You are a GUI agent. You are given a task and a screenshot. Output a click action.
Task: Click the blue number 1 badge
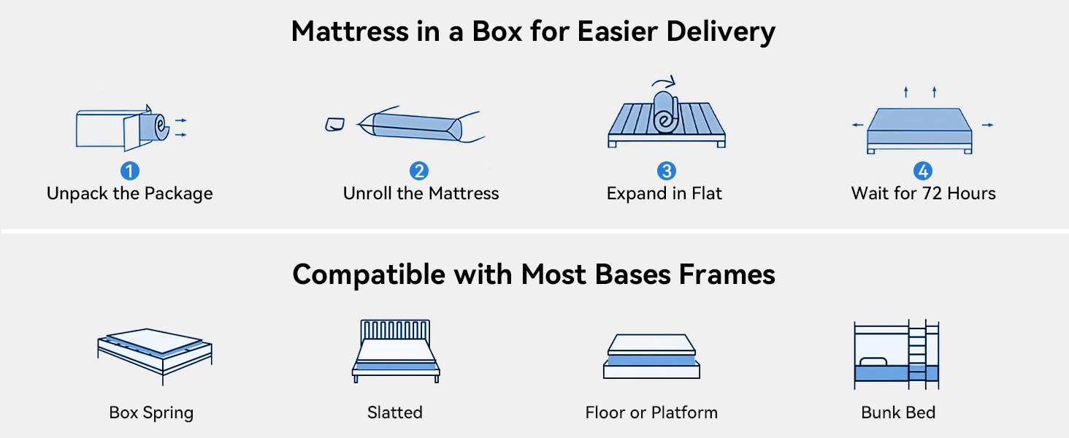point(130,171)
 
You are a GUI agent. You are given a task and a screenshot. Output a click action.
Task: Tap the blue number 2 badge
point(419,171)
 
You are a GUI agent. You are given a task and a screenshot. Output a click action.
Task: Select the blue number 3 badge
point(666,171)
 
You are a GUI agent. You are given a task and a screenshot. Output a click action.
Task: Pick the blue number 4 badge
point(923,171)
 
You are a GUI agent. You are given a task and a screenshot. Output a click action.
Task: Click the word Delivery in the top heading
point(721,32)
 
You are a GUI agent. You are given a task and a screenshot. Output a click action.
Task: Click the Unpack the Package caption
point(130,193)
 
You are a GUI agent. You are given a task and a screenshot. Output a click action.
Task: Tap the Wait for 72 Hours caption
point(924,193)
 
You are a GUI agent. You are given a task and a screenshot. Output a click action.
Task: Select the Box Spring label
point(151,412)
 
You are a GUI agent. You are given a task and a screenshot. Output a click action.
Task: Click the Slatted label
point(395,412)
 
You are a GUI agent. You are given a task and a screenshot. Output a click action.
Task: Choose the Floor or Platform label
point(651,412)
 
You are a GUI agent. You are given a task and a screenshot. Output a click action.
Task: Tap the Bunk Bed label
point(898,412)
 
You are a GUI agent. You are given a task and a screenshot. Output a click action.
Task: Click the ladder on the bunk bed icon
point(917,354)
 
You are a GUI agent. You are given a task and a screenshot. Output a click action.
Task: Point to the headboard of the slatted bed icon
point(395,330)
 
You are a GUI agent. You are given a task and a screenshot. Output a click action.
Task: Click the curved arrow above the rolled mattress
point(664,81)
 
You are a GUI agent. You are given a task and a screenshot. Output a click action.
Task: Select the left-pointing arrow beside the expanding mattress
point(857,125)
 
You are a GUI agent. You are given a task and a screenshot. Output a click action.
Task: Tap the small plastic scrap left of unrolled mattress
point(334,124)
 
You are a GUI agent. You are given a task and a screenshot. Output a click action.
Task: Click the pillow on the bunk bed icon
point(873,361)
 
